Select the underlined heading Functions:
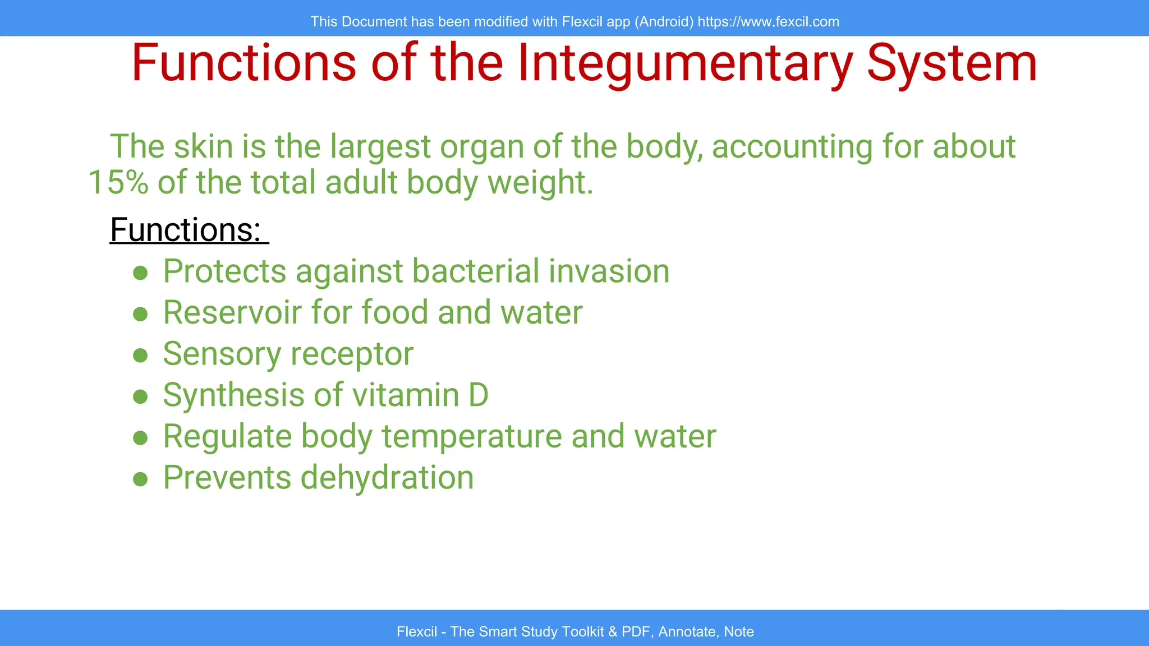click(x=186, y=230)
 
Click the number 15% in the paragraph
click(x=118, y=183)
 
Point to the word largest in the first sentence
click(x=380, y=147)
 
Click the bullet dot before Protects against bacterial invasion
click(x=140, y=273)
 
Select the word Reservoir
click(x=232, y=312)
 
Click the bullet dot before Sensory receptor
click(x=140, y=356)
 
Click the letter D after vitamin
click(x=478, y=395)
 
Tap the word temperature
click(x=471, y=437)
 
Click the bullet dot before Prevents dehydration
click(x=140, y=479)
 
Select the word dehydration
click(x=387, y=478)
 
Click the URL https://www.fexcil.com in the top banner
click(x=768, y=22)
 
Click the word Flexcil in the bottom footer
click(x=416, y=632)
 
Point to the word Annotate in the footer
click(x=688, y=632)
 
